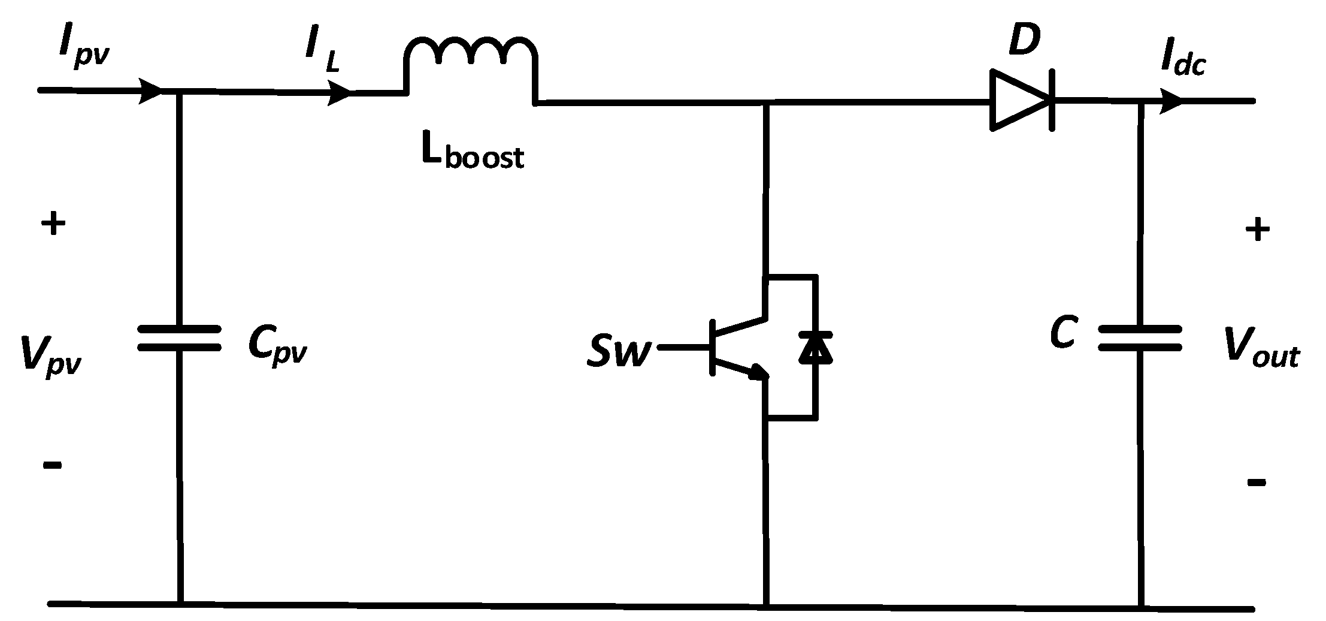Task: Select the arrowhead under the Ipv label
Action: [150, 91]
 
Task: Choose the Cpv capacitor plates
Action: [179, 338]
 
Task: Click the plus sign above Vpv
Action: [53, 225]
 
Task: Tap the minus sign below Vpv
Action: [53, 465]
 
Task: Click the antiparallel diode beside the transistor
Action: [815, 348]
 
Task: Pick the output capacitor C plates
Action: [1140, 338]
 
